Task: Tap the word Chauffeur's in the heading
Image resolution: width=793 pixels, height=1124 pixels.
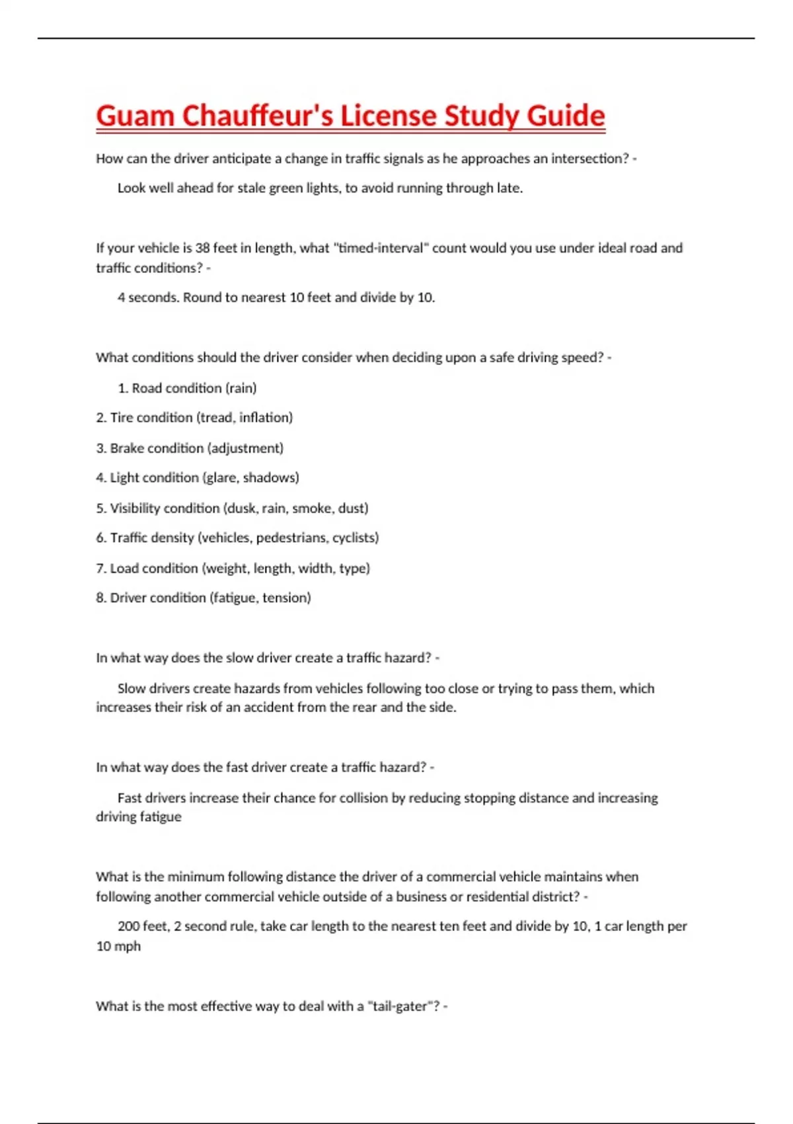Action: (257, 116)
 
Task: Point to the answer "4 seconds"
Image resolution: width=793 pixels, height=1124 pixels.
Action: (147, 298)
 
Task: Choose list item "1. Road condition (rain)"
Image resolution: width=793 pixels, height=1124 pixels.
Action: (187, 388)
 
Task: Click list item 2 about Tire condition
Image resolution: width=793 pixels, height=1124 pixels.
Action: (194, 418)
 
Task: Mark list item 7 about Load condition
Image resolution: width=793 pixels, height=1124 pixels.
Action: (233, 568)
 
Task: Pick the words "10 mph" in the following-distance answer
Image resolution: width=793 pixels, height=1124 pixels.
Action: (118, 946)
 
